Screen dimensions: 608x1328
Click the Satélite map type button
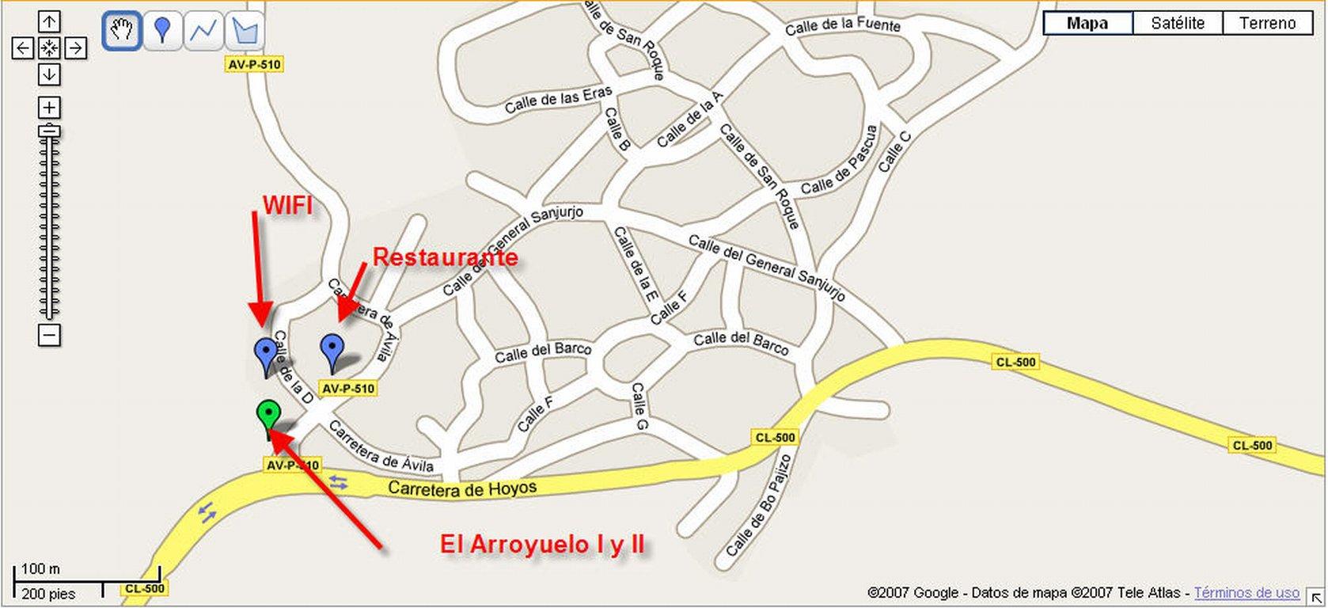[1178, 24]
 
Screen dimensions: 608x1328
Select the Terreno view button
[1267, 24]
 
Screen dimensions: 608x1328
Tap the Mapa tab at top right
[1087, 24]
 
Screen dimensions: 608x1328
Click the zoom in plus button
[49, 108]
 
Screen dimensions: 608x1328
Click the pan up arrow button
[49, 22]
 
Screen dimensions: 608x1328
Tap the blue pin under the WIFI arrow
[265, 352]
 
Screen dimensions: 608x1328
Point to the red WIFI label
[287, 206]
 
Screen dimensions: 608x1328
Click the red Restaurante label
[445, 257]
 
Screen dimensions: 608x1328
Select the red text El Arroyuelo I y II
[542, 545]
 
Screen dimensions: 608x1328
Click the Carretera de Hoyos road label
[462, 489]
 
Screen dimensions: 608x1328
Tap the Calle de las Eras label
[558, 101]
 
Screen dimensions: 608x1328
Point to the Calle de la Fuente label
[843, 26]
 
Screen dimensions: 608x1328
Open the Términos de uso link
[1246, 592]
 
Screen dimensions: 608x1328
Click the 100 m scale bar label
[40, 569]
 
